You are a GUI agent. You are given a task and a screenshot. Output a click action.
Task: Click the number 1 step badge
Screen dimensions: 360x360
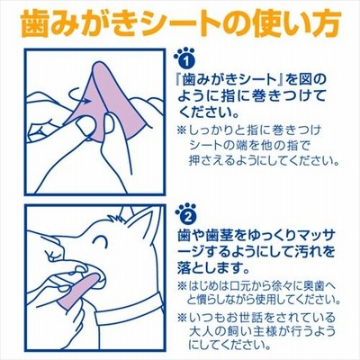187,61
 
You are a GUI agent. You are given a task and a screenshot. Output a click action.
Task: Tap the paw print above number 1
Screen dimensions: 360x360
180,53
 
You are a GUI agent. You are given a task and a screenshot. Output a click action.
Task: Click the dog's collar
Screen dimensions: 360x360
129,313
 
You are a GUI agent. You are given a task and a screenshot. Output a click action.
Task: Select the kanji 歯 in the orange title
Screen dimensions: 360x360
35,24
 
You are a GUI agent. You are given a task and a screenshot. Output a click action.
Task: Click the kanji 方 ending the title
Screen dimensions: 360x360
326,24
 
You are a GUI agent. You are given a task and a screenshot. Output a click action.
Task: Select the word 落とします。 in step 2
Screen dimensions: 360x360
214,267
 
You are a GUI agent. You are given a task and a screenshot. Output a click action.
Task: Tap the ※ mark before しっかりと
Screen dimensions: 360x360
183,130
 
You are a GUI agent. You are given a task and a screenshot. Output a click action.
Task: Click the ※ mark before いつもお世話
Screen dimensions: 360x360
183,317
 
